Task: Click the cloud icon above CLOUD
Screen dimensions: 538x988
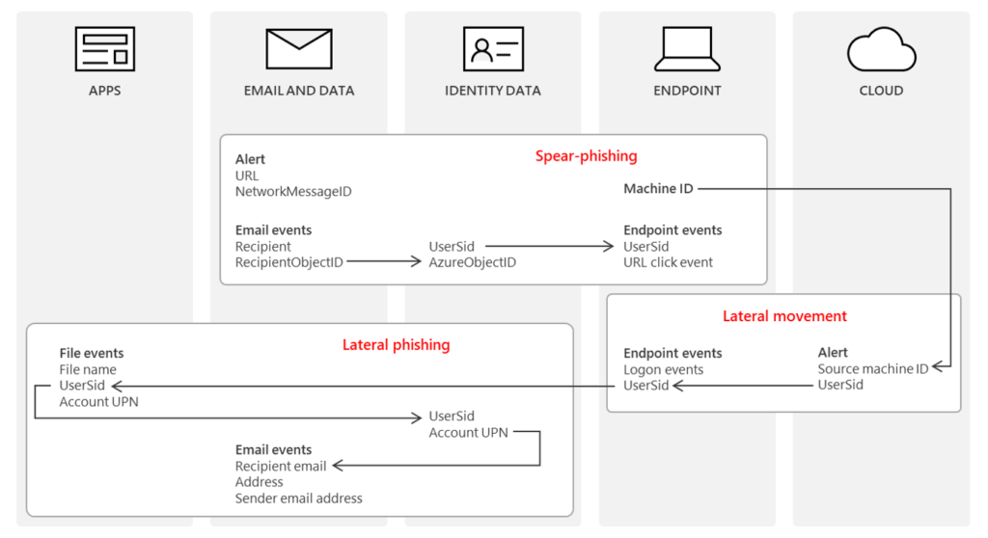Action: point(881,49)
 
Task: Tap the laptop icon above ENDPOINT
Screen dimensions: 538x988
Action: point(687,49)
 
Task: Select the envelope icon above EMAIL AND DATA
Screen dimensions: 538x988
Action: point(299,49)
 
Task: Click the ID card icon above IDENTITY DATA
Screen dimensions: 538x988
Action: point(493,49)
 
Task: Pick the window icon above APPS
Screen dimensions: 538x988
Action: point(105,49)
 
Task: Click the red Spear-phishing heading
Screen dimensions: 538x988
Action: point(586,155)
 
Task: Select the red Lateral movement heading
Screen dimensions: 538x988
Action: point(784,316)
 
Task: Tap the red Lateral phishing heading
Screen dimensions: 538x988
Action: point(396,344)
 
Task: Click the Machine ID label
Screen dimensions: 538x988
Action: point(658,188)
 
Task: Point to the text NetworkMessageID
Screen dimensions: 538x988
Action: point(293,192)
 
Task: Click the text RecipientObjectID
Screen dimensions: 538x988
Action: point(289,262)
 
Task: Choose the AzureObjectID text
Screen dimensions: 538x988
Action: point(473,262)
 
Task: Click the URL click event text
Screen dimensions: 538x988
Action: point(669,262)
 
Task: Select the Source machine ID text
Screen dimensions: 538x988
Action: point(873,369)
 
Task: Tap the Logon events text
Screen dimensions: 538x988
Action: point(664,369)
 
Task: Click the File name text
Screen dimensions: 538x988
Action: point(88,369)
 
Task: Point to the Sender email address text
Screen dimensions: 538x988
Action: point(299,498)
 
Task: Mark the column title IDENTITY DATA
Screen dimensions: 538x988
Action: point(493,91)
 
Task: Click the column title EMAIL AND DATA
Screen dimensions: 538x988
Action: point(299,91)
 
